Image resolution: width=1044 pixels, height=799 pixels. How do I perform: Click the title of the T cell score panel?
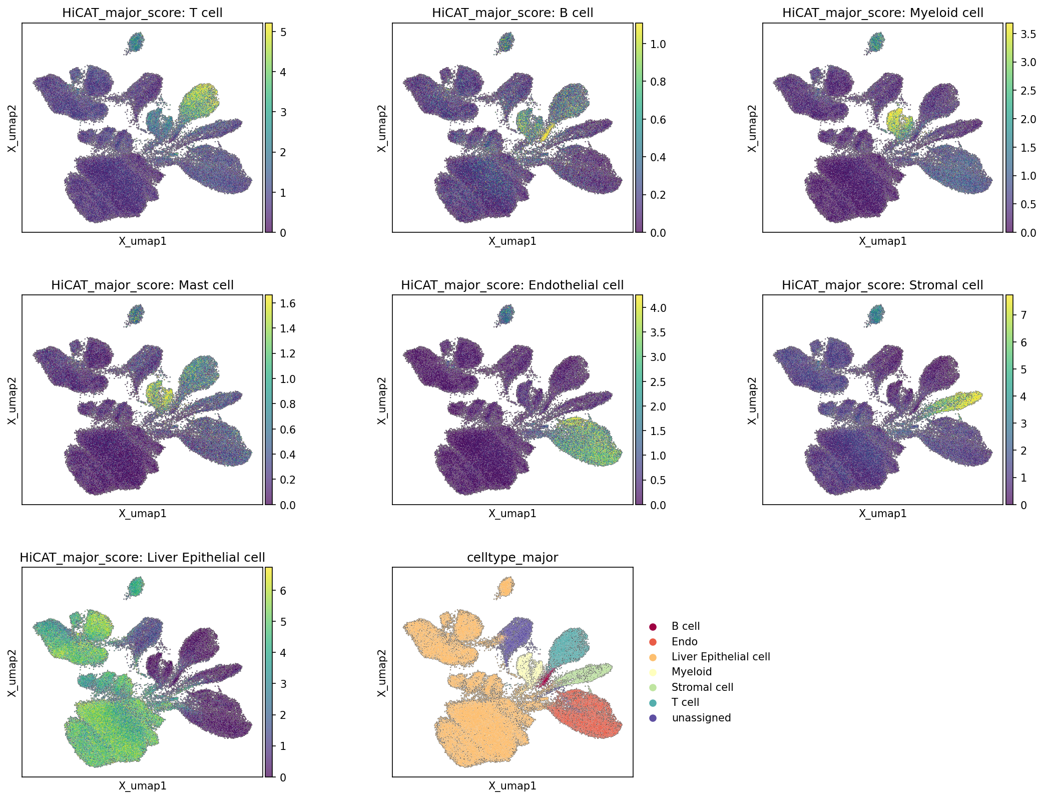[x=142, y=13]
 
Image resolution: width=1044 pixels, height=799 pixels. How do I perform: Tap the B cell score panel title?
[x=512, y=13]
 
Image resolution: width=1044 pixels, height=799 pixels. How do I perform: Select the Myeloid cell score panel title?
[x=883, y=13]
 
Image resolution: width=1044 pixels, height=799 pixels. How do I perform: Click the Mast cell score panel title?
[x=142, y=285]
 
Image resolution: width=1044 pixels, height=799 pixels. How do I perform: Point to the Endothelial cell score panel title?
[x=512, y=285]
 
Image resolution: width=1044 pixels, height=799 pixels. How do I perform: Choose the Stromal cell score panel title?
[x=883, y=285]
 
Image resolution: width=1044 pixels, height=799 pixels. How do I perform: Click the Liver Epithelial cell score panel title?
[x=142, y=558]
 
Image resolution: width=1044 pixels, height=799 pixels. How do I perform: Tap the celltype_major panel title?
[x=512, y=558]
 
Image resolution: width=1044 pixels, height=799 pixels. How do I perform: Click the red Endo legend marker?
[x=653, y=642]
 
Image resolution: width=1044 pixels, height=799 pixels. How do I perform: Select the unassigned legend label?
[x=701, y=718]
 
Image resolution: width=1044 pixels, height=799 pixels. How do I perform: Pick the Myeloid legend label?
[x=692, y=672]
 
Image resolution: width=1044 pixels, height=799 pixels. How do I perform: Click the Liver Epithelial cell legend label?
[x=721, y=657]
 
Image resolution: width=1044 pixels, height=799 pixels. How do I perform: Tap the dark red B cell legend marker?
[x=653, y=627]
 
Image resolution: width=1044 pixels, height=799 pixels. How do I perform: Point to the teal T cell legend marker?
[x=653, y=703]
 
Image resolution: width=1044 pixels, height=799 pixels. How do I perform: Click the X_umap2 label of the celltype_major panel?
[x=382, y=672]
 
